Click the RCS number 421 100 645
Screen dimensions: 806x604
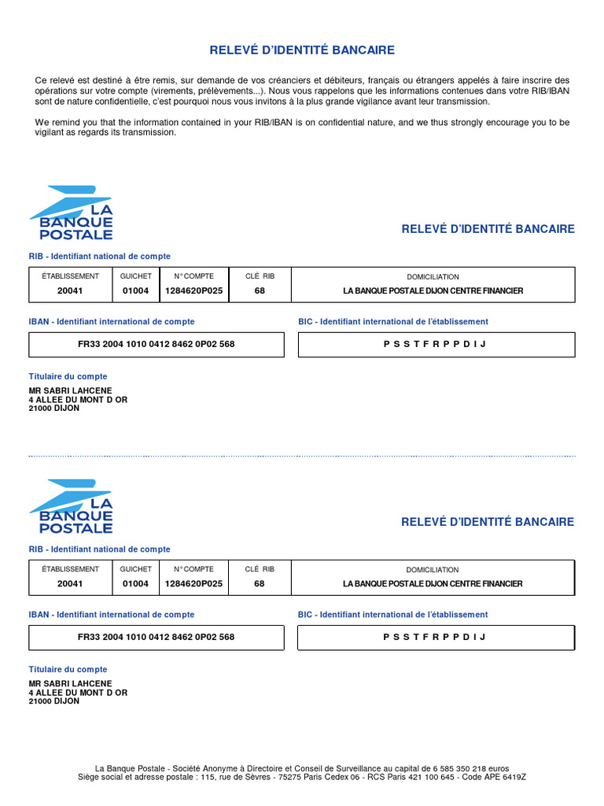[x=430, y=777]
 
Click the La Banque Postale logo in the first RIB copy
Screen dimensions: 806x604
[x=72, y=213]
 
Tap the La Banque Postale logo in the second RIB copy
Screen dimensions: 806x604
[x=72, y=505]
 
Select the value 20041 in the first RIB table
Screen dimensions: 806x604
[x=70, y=290]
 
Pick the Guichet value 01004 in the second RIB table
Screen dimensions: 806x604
[x=135, y=583]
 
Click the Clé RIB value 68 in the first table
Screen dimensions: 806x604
[x=260, y=290]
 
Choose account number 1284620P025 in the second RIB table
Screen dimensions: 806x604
[x=193, y=583]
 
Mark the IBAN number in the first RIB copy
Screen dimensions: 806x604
[x=156, y=344]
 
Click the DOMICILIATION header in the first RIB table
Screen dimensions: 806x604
[x=433, y=276]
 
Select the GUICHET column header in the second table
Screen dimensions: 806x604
[x=135, y=569]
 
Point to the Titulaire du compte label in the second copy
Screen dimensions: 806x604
[x=68, y=669]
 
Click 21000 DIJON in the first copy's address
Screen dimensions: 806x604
[x=54, y=409]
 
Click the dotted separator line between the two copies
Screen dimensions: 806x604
[x=302, y=456]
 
